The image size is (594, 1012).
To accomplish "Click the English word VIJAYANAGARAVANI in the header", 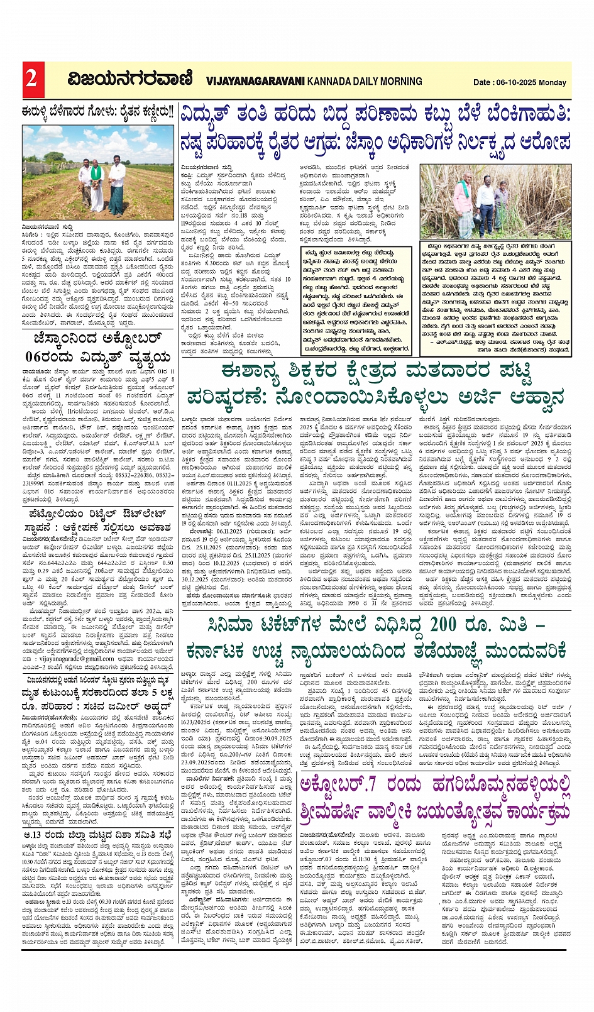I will pos(255,81).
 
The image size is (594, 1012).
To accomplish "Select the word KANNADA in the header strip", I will pos(329,81).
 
